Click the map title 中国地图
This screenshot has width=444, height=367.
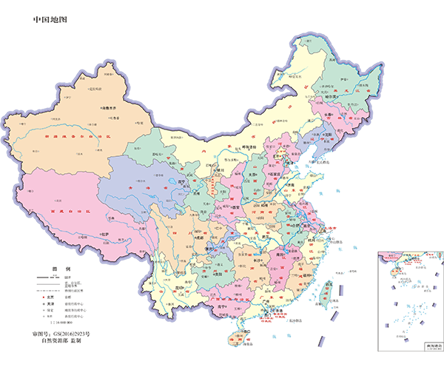click(x=50, y=19)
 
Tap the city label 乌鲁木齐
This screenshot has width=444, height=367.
click(x=110, y=107)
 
